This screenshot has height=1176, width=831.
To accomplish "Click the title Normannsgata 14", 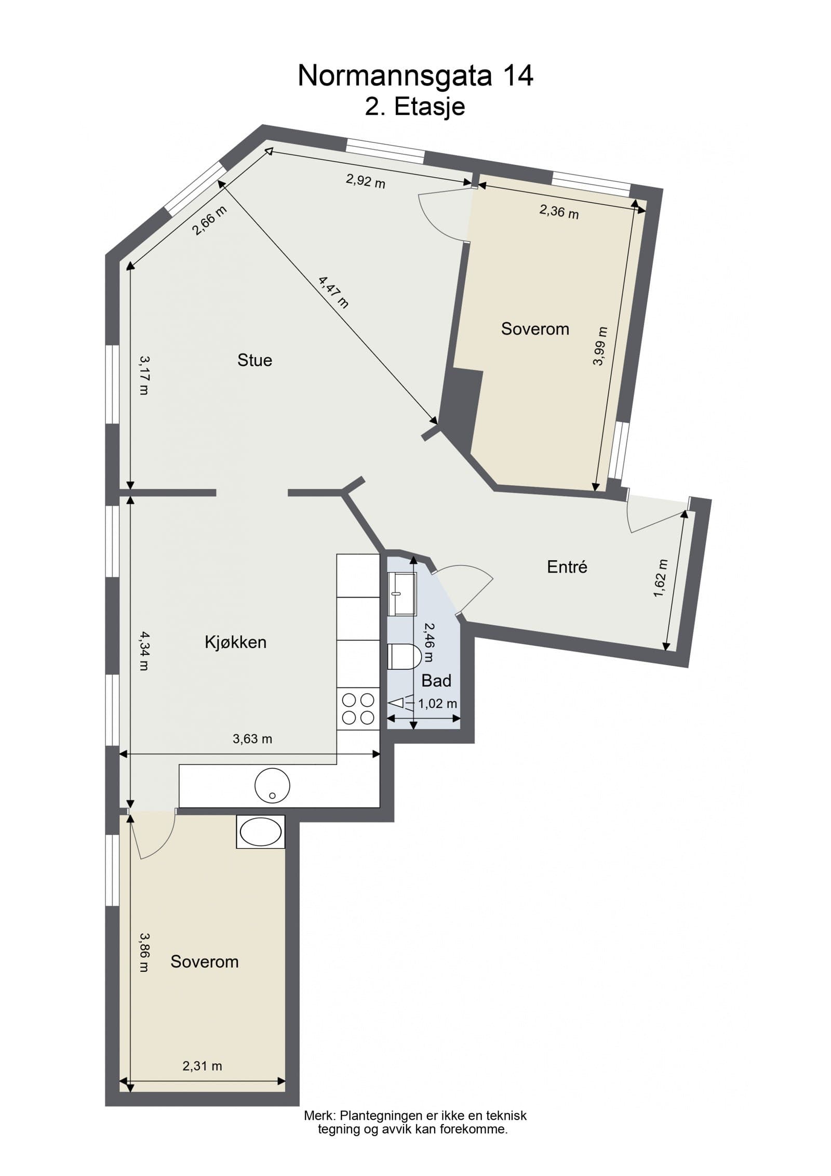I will coord(415,76).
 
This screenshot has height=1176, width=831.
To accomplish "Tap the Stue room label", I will coord(254,360).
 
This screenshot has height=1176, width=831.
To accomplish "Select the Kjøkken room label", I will coord(235,642).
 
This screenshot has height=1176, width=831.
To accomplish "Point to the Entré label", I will coord(567,567).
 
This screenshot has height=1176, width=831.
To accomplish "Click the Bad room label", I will coord(436,680).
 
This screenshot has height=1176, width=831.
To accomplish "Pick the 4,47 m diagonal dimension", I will coord(333,292).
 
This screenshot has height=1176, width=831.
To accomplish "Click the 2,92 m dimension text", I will coord(366,181).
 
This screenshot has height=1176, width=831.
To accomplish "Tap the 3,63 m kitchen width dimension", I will coord(252,738).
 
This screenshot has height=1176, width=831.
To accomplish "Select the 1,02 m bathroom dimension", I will coord(437,704).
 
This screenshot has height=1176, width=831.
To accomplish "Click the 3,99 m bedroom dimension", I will coord(599,346).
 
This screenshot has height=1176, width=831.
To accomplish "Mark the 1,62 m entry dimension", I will coord(660,579).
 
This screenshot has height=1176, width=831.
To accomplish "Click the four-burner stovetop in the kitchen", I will coord(358,709).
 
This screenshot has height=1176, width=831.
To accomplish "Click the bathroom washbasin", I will coord(401,593).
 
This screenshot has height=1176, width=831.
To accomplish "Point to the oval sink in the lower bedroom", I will coord(260,831).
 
